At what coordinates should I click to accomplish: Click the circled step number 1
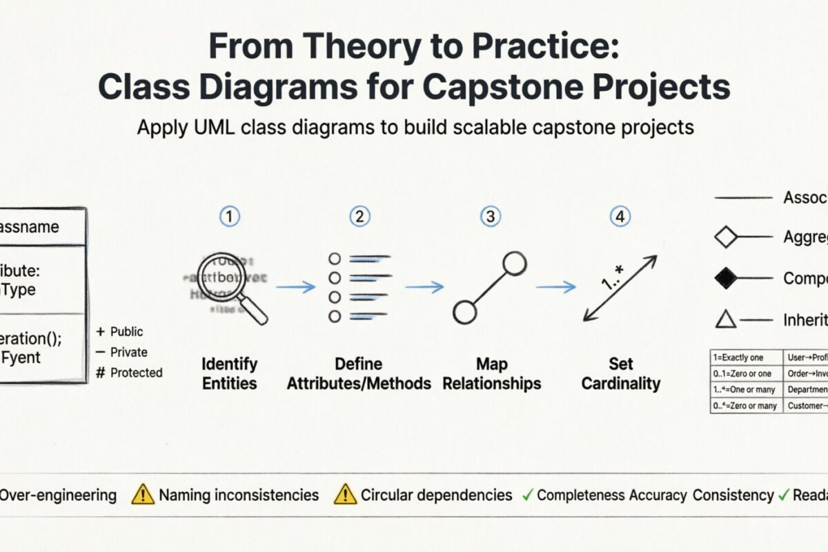pyautogui.click(x=229, y=217)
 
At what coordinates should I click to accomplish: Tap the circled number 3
pyautogui.click(x=490, y=217)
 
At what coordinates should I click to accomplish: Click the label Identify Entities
pyautogui.click(x=229, y=373)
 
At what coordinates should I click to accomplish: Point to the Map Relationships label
pyautogui.click(x=491, y=373)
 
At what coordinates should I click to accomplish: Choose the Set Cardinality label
pyautogui.click(x=620, y=373)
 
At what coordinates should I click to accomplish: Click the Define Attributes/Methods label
pyautogui.click(x=359, y=373)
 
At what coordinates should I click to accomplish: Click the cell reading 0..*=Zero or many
pyautogui.click(x=745, y=406)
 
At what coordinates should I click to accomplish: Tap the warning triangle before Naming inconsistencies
pyautogui.click(x=143, y=494)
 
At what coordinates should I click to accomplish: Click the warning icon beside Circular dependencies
pyautogui.click(x=344, y=494)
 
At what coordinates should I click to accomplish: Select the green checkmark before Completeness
pyautogui.click(x=527, y=495)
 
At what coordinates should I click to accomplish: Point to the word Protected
pyautogui.click(x=137, y=373)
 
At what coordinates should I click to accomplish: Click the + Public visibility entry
pyautogui.click(x=121, y=332)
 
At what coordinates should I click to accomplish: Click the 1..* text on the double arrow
pyautogui.click(x=613, y=279)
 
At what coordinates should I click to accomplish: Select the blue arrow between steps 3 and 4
pyautogui.click(x=556, y=287)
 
